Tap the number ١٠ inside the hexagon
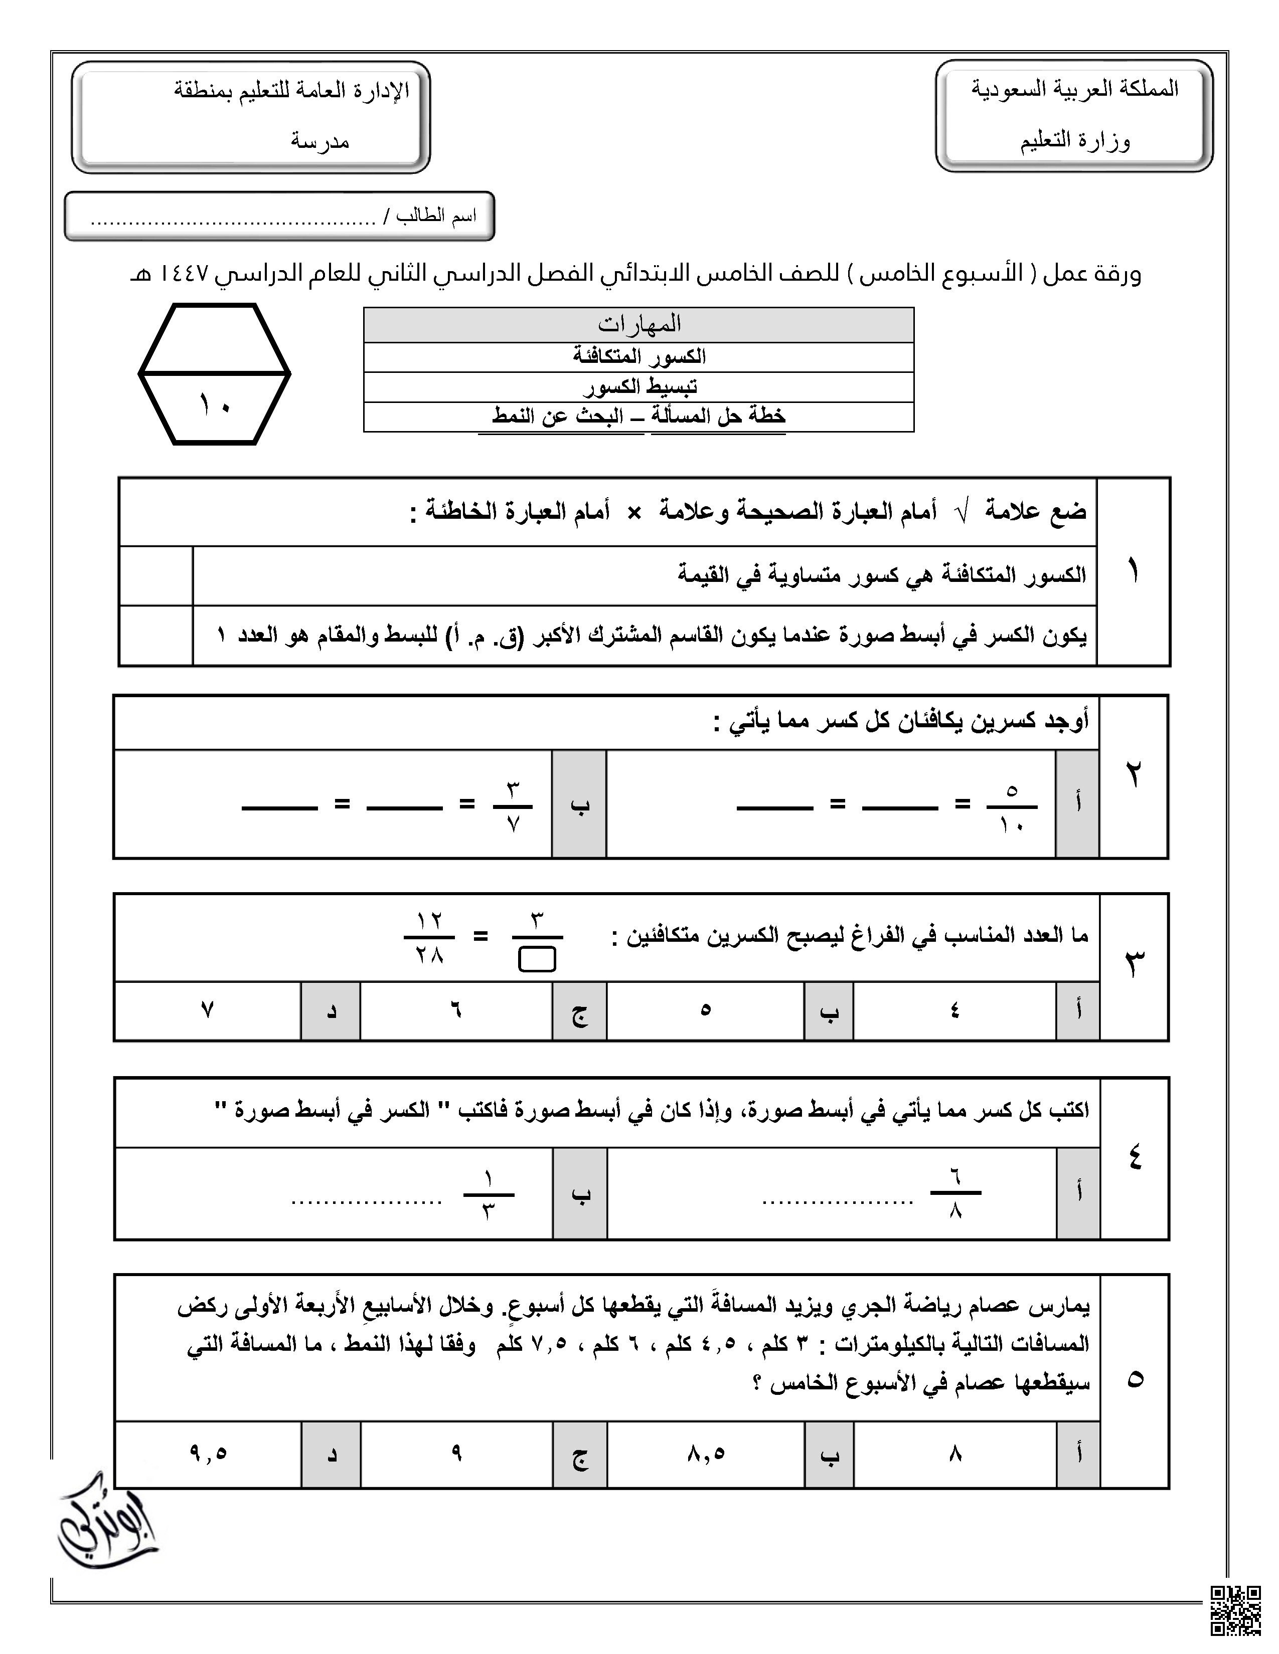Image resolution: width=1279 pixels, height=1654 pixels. (215, 406)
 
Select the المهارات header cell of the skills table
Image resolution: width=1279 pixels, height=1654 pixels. (638, 324)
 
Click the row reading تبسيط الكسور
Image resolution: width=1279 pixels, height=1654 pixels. (638, 387)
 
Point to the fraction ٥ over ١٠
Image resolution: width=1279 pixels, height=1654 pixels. (1012, 807)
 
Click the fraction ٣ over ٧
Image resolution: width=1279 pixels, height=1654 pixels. (513, 807)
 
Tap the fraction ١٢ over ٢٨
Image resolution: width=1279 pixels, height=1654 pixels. (429, 938)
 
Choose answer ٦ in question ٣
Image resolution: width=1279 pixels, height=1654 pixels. (456, 1010)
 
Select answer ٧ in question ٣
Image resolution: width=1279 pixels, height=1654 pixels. (207, 1010)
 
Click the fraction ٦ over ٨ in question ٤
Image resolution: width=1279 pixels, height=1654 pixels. (955, 1193)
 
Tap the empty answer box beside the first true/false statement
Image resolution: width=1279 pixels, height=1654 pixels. (156, 575)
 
